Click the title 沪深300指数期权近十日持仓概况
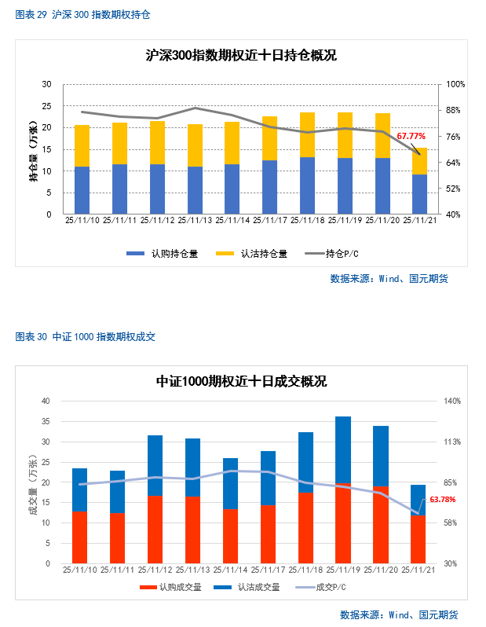(x=241, y=56)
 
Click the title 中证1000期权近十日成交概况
(x=241, y=382)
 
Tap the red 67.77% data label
(x=416, y=136)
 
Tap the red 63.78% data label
(x=442, y=500)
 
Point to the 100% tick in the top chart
(x=456, y=84)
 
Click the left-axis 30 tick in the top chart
(x=46, y=84)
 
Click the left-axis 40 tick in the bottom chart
(x=46, y=401)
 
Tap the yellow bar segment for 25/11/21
(x=420, y=161)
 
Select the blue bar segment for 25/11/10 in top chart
(x=82, y=190)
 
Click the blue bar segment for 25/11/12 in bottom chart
(x=155, y=465)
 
